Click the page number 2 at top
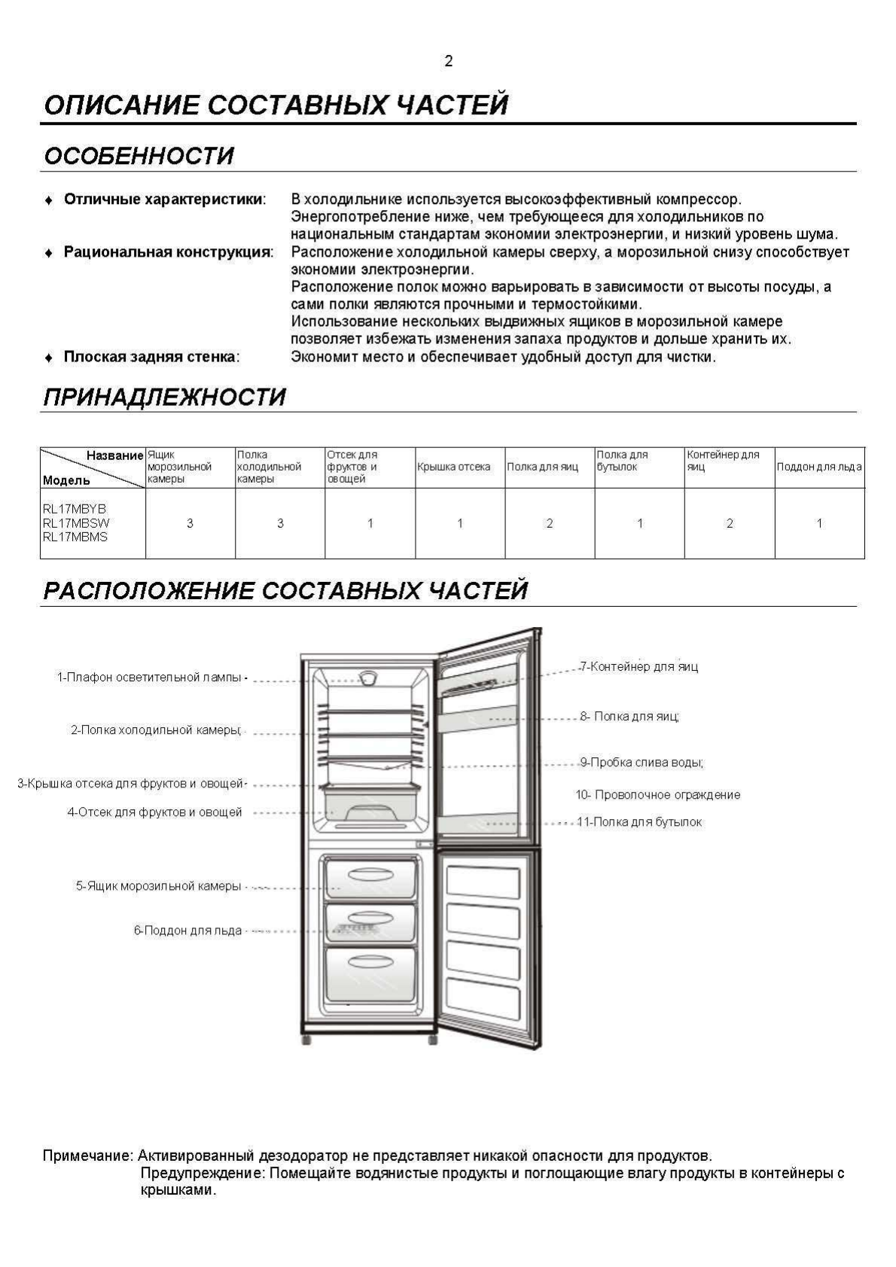(x=448, y=61)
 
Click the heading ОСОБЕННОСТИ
(x=139, y=156)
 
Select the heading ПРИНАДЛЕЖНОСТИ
(x=165, y=397)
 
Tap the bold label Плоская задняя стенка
(x=151, y=357)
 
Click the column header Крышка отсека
(x=454, y=467)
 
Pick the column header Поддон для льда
(x=818, y=467)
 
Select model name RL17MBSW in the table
(x=76, y=522)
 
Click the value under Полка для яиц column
(x=550, y=523)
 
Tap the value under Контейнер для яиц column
(x=729, y=523)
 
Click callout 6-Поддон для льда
(x=188, y=930)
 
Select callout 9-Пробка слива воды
(x=642, y=763)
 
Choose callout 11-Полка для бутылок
(x=639, y=822)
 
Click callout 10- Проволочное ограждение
(x=658, y=795)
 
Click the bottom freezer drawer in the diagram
(x=370, y=974)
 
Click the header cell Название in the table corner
(x=114, y=455)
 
